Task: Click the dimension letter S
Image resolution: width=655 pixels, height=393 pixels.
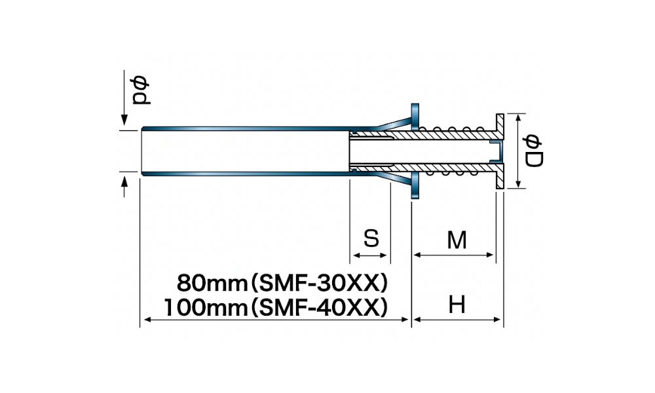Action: [x=371, y=238]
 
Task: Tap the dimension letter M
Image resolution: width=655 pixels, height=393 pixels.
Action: [x=457, y=240]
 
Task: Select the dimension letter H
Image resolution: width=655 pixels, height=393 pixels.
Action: [x=457, y=305]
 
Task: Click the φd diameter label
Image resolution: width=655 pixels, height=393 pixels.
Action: [x=140, y=90]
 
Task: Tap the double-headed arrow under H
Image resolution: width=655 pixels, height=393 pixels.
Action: [x=457, y=320]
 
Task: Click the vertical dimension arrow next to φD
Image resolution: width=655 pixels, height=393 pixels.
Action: [x=517, y=151]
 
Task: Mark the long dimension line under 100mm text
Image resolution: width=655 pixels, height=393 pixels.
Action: [x=275, y=320]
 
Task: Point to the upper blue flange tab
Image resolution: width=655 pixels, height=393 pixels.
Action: [x=415, y=115]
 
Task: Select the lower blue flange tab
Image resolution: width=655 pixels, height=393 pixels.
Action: [x=415, y=187]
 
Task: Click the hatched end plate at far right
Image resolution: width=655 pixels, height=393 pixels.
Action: [x=500, y=151]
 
